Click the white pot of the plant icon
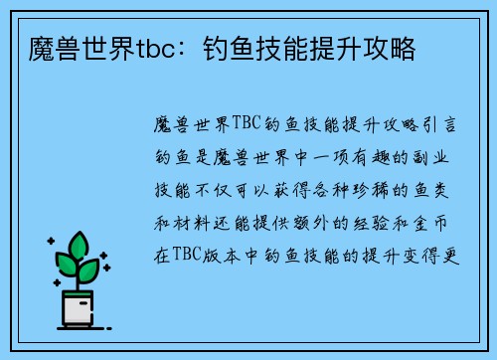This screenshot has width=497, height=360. coord(79,311)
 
